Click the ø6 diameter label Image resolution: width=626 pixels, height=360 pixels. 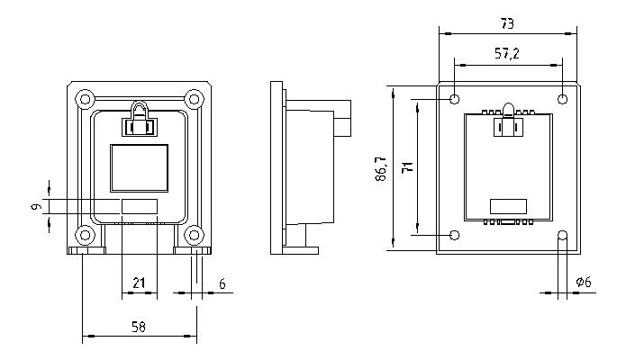[x=585, y=283]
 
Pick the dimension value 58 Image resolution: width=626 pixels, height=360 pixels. [x=139, y=327]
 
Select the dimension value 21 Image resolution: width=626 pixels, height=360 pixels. [x=139, y=283]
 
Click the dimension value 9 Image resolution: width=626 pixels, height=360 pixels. [x=36, y=207]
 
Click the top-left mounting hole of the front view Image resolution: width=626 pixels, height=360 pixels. [x=84, y=97]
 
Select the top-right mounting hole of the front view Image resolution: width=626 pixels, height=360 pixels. [x=194, y=97]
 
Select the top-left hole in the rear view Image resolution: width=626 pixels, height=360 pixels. [x=456, y=98]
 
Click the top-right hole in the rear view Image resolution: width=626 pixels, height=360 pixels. [x=564, y=98]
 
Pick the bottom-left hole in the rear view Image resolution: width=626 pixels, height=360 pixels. [x=456, y=236]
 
